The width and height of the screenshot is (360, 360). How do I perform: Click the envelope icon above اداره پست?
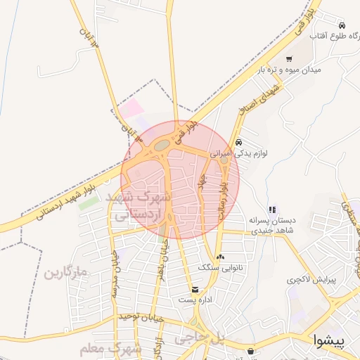195,289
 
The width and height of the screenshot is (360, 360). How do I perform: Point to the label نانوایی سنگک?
220,267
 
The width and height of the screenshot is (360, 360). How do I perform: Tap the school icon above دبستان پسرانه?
272,209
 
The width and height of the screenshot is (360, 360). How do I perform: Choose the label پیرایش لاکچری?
311,279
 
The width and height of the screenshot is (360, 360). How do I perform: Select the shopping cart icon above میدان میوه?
289,59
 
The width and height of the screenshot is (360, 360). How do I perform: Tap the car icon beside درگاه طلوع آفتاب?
342,25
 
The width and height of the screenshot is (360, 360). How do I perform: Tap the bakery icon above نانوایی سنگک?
220,257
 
